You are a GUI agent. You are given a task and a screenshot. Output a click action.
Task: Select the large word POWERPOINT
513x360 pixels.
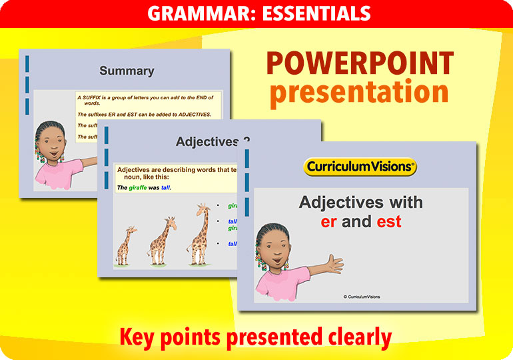click(360, 65)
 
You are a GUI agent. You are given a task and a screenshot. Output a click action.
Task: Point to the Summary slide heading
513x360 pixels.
click(127, 71)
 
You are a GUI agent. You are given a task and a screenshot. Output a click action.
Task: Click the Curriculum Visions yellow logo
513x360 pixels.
click(360, 167)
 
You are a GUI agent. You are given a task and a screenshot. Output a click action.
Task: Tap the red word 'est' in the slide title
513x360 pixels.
click(389, 221)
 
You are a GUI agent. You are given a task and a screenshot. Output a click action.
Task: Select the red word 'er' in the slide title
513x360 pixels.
click(328, 221)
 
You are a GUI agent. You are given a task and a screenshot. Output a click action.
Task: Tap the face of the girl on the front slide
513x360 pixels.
click(274, 250)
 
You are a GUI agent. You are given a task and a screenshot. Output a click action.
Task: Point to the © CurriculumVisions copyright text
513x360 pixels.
click(362, 297)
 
